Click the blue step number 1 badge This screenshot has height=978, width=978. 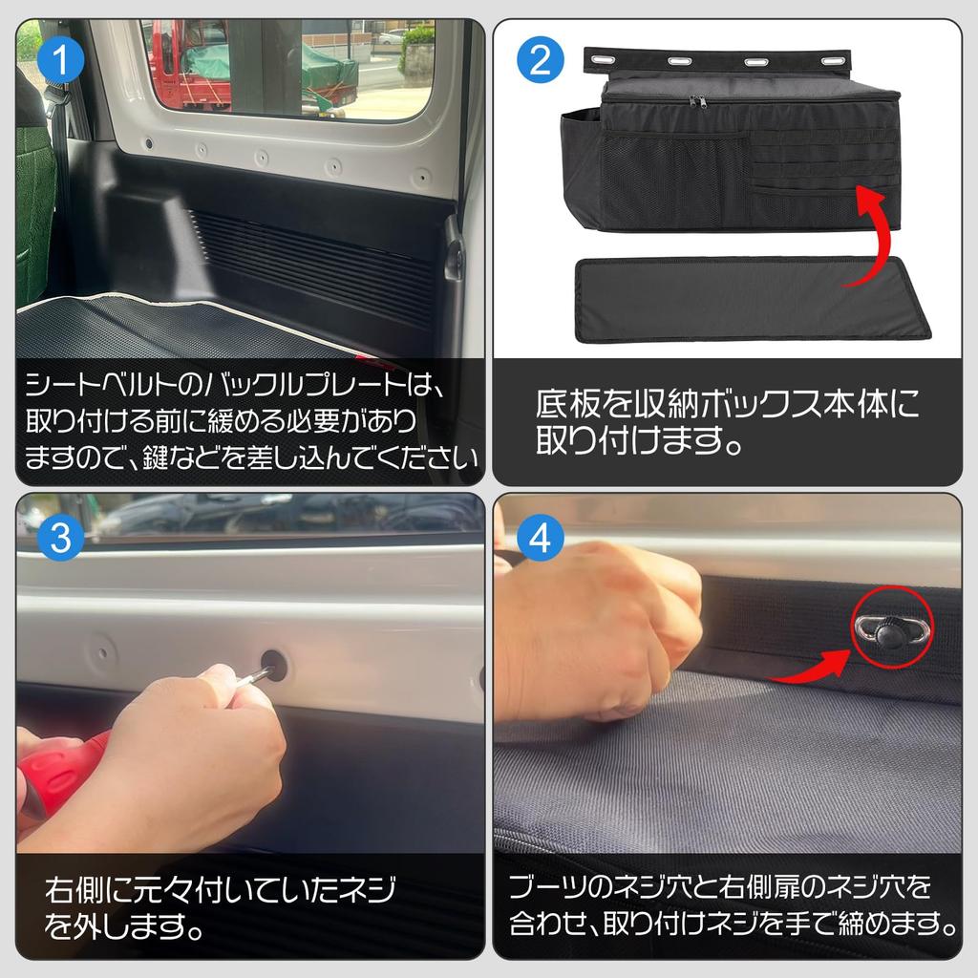point(61,62)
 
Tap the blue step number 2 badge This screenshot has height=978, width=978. point(540,62)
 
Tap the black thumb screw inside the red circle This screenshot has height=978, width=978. point(891,629)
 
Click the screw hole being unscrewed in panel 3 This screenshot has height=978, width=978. point(274,665)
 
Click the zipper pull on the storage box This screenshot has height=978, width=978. point(698,100)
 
